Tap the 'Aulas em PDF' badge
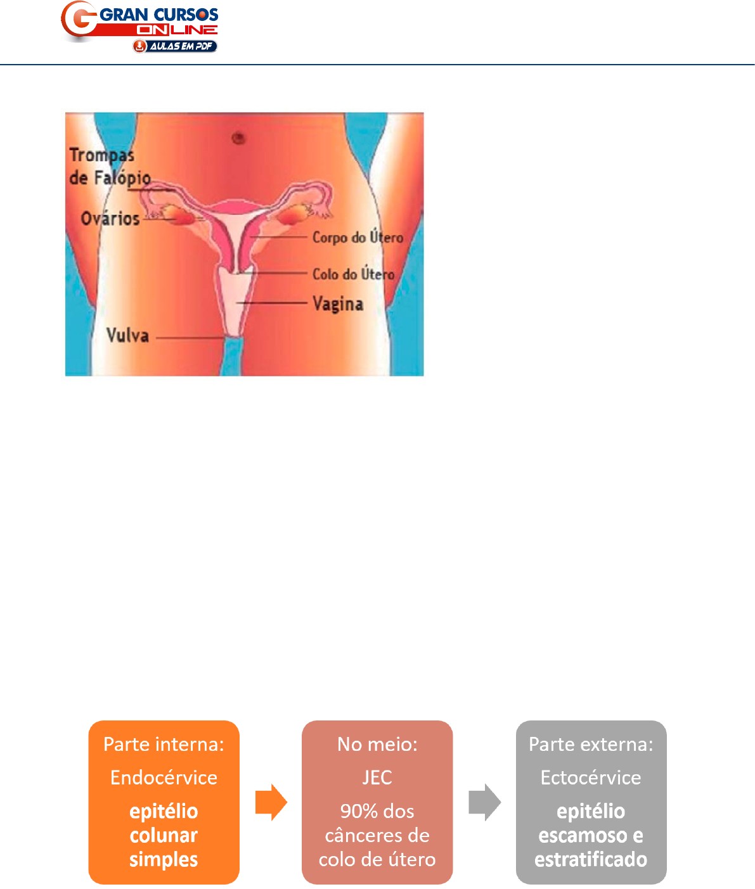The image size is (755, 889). click(175, 46)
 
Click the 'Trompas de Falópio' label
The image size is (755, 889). click(108, 167)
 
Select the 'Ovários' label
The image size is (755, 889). click(110, 219)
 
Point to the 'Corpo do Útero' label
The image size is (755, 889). click(358, 238)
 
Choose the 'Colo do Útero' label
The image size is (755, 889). click(353, 274)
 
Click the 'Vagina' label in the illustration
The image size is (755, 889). click(338, 304)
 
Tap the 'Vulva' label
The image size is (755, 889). click(127, 335)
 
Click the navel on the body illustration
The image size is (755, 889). click(239, 137)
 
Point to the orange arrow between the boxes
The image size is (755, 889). click(271, 802)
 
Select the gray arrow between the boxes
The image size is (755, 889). click(485, 802)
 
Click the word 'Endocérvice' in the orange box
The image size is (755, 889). click(164, 777)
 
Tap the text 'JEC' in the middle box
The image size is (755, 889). click(377, 777)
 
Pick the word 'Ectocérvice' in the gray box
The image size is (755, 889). click(591, 777)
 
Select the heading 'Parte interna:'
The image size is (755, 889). click(164, 744)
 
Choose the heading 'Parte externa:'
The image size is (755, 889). click(591, 744)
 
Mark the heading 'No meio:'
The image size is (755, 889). click(377, 744)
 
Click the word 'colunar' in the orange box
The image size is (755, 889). click(164, 836)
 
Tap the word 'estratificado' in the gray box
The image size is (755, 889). click(591, 860)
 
